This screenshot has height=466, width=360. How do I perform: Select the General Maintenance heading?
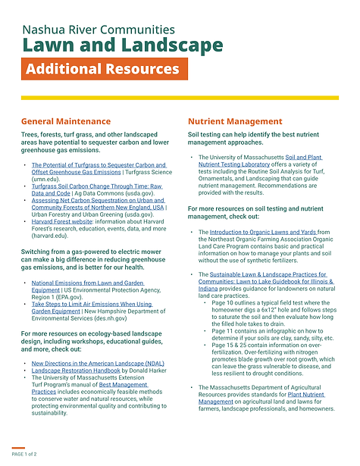(66, 121)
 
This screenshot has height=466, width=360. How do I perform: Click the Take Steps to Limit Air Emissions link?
(92, 305)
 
